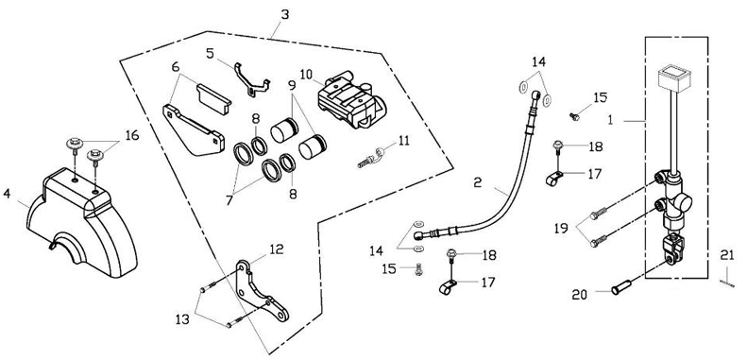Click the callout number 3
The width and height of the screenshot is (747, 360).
click(284, 15)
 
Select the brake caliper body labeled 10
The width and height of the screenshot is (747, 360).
click(351, 99)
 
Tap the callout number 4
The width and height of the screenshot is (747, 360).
click(7, 195)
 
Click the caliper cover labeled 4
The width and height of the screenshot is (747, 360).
click(82, 223)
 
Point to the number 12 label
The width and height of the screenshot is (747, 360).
click(277, 249)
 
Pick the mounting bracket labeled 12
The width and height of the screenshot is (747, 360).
click(262, 290)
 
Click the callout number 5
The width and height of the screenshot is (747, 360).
click(210, 53)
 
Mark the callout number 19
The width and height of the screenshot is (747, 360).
click(561, 229)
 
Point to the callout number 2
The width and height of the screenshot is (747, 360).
click(478, 182)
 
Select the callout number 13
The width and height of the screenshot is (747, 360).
click(182, 319)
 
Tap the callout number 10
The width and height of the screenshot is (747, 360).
click(306, 75)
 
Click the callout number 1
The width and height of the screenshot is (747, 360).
click(610, 121)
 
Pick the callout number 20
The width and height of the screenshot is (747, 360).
click(580, 296)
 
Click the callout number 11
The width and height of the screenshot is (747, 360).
click(404, 141)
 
